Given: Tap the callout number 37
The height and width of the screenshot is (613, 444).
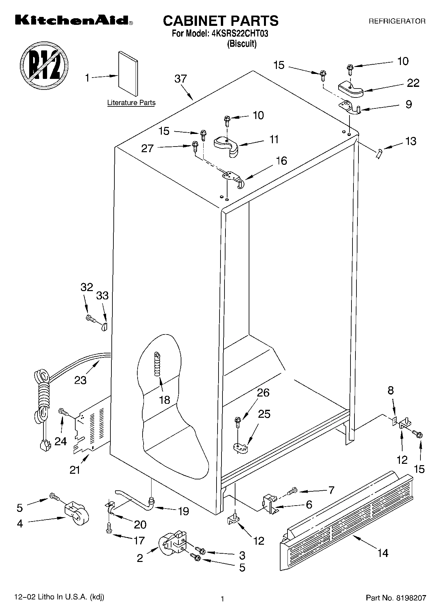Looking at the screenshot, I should pyautogui.click(x=181, y=79).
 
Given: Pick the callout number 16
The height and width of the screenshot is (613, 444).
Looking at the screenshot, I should pyautogui.click(x=281, y=161).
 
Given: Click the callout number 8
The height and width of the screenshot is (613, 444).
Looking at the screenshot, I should pyautogui.click(x=391, y=390).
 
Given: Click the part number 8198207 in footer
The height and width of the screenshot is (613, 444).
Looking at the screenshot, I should pyautogui.click(x=411, y=598).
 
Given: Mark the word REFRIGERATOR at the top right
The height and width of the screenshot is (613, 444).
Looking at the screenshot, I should pyautogui.click(x=397, y=21).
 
